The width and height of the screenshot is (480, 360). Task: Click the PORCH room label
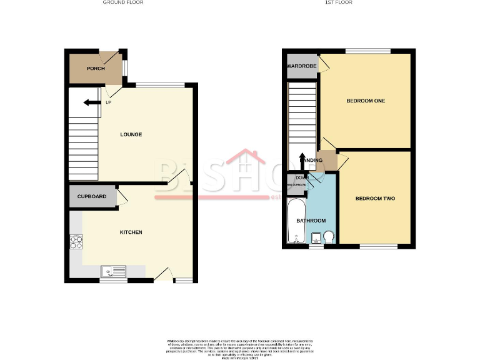[x=96, y=69]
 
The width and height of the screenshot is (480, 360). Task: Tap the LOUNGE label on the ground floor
[x=131, y=134]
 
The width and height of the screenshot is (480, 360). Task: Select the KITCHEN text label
[x=131, y=232]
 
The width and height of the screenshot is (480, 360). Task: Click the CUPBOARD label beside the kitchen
[x=92, y=197]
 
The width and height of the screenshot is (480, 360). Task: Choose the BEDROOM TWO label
[x=375, y=199]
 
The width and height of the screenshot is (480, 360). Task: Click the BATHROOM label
[x=311, y=221]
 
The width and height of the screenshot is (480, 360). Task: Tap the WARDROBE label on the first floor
[x=301, y=66]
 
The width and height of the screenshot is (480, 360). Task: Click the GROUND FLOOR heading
[x=123, y=2]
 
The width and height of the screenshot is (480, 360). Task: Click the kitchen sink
[x=114, y=271]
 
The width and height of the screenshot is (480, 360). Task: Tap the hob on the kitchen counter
[x=76, y=241]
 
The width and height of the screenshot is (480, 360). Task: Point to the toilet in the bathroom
[x=328, y=236]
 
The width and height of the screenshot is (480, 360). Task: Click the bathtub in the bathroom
[x=296, y=221]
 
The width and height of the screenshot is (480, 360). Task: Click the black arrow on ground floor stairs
[x=91, y=104]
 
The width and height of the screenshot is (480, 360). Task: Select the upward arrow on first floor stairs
[x=302, y=159]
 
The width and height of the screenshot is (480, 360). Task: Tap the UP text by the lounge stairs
[x=108, y=102]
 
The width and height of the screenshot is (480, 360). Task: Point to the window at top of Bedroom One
[x=368, y=51]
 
